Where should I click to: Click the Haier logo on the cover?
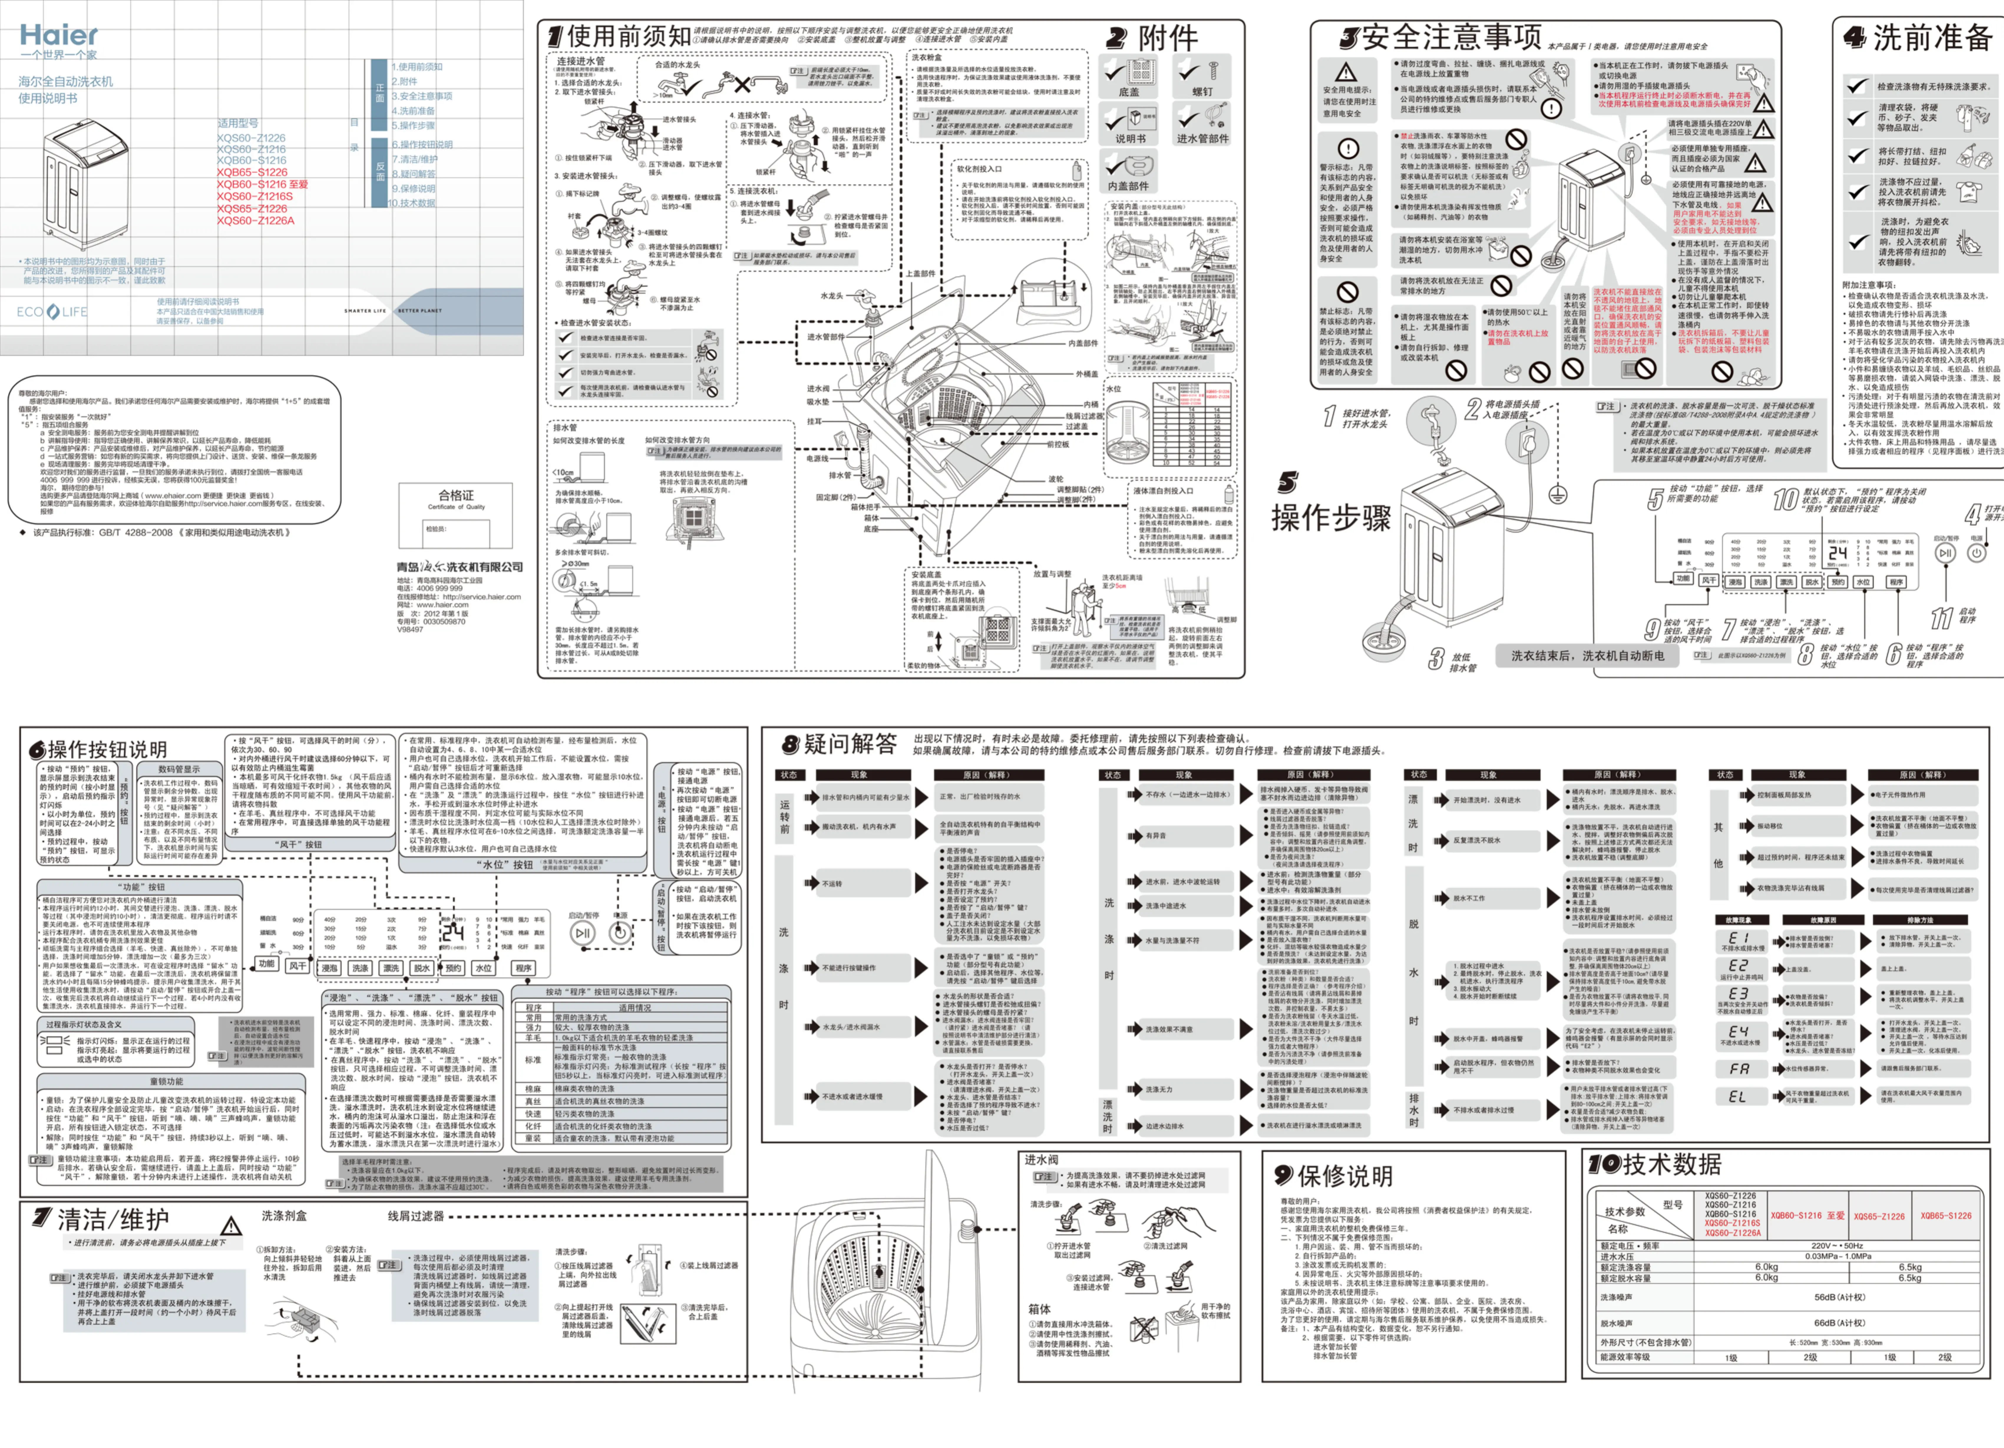(58, 35)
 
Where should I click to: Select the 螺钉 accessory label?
(1202, 92)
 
